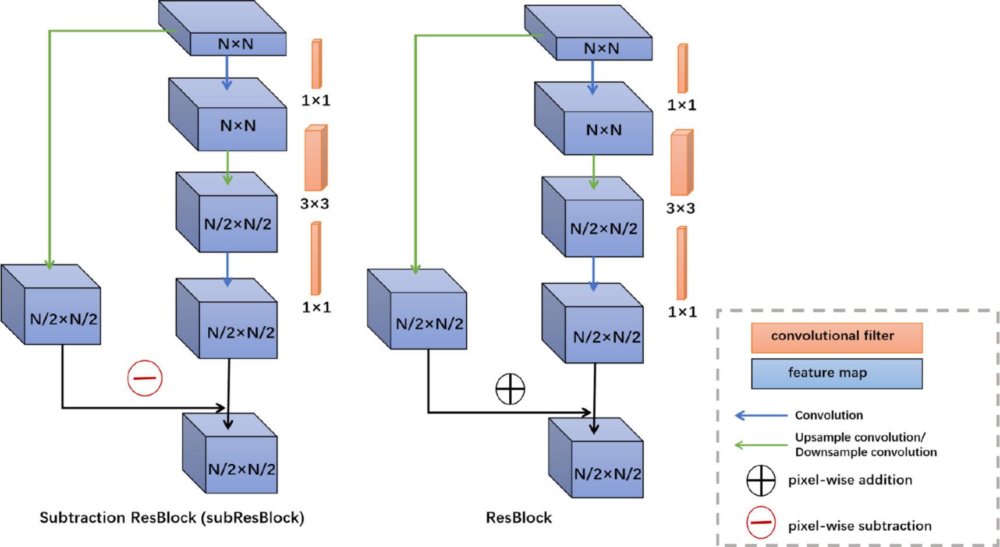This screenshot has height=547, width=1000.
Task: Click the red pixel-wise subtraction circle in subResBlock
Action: click(x=145, y=378)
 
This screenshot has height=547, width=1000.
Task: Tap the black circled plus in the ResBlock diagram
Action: click(x=510, y=389)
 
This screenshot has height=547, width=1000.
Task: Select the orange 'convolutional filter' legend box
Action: click(x=836, y=337)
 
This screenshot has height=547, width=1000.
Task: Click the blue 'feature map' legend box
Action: click(x=836, y=373)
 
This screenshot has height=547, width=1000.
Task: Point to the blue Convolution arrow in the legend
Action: click(x=761, y=415)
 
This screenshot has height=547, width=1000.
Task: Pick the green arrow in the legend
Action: click(x=761, y=445)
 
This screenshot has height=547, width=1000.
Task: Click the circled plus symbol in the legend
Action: click(x=761, y=481)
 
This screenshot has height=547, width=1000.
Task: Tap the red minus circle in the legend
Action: click(x=761, y=522)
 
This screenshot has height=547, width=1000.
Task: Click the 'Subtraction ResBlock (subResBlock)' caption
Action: click(x=172, y=518)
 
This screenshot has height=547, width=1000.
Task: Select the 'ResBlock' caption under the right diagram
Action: click(x=519, y=518)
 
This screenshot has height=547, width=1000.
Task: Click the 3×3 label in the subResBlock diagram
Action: click(x=314, y=204)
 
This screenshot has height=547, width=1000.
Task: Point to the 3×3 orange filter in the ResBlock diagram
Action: click(x=682, y=163)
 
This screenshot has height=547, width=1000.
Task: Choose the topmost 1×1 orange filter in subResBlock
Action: click(x=317, y=64)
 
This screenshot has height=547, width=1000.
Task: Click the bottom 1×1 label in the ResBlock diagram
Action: click(x=682, y=312)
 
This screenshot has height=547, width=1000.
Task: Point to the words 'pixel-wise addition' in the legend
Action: click(x=850, y=481)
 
